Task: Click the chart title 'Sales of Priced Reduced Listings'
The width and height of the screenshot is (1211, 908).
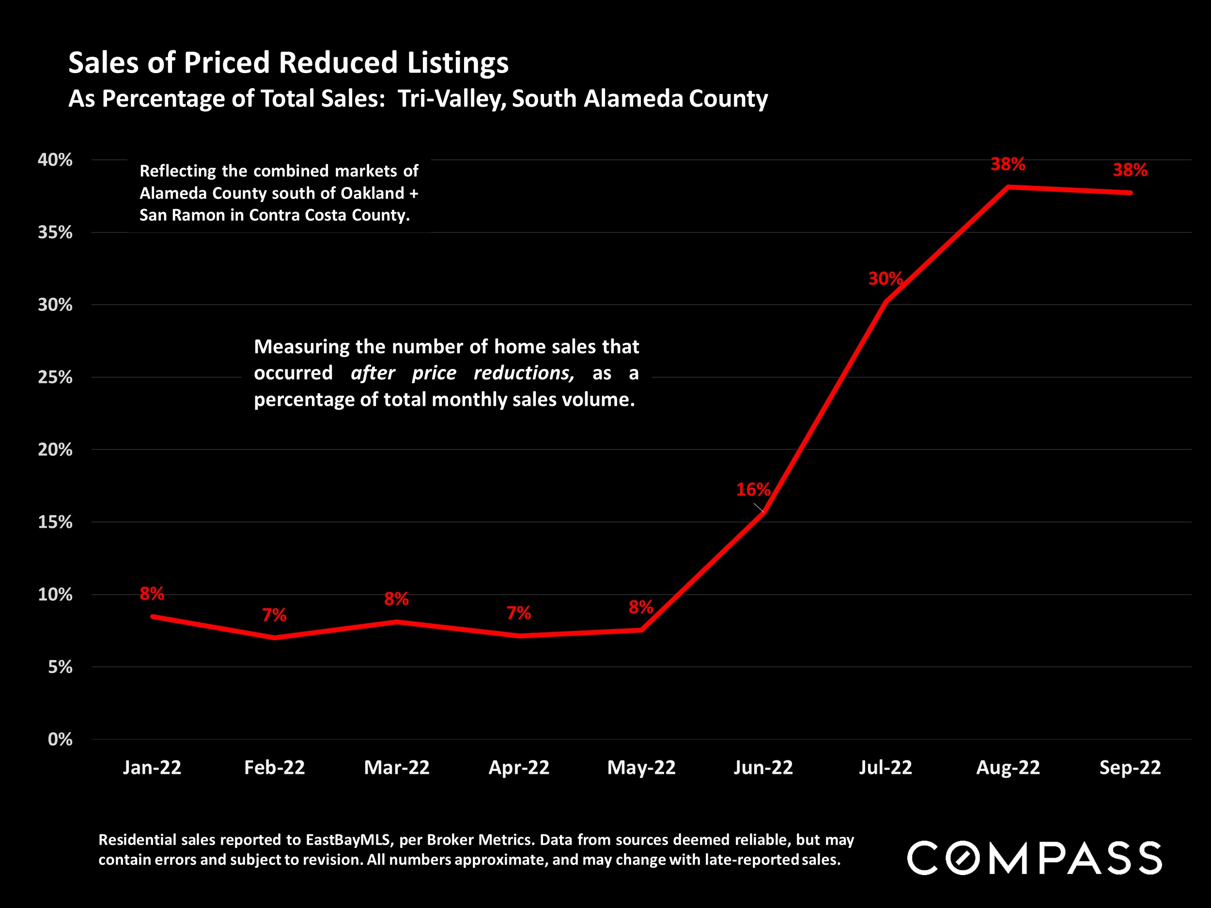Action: pos(289,62)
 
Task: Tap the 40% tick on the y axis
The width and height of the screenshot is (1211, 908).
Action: pos(55,160)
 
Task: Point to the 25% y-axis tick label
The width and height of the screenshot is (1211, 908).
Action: pos(55,377)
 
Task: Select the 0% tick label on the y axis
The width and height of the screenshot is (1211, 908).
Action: pos(60,739)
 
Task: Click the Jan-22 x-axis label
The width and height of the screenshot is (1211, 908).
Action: pos(152,768)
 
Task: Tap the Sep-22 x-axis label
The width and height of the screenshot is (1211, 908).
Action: pos(1130,768)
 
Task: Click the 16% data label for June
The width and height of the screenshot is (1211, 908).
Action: pos(753,489)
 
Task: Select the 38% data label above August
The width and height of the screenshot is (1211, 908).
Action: pos(1008,164)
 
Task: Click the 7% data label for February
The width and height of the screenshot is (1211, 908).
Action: pos(274,615)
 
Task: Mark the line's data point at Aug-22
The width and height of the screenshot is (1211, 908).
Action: pos(1008,187)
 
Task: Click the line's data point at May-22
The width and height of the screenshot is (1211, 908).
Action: pos(641,630)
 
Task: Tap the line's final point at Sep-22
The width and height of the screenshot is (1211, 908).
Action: pos(1130,193)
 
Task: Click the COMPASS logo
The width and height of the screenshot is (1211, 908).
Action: pos(1035,858)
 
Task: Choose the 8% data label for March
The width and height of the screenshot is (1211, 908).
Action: pos(396,599)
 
